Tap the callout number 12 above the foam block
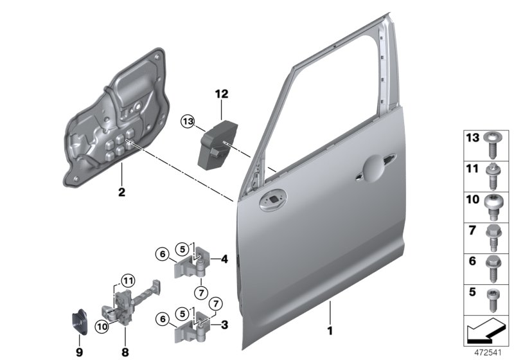click(x=222, y=94)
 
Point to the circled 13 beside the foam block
click(x=187, y=121)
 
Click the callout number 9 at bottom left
click(x=80, y=352)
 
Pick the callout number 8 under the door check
click(x=126, y=352)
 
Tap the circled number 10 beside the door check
click(x=102, y=327)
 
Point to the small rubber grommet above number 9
click(x=79, y=322)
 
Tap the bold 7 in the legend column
click(x=472, y=229)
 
